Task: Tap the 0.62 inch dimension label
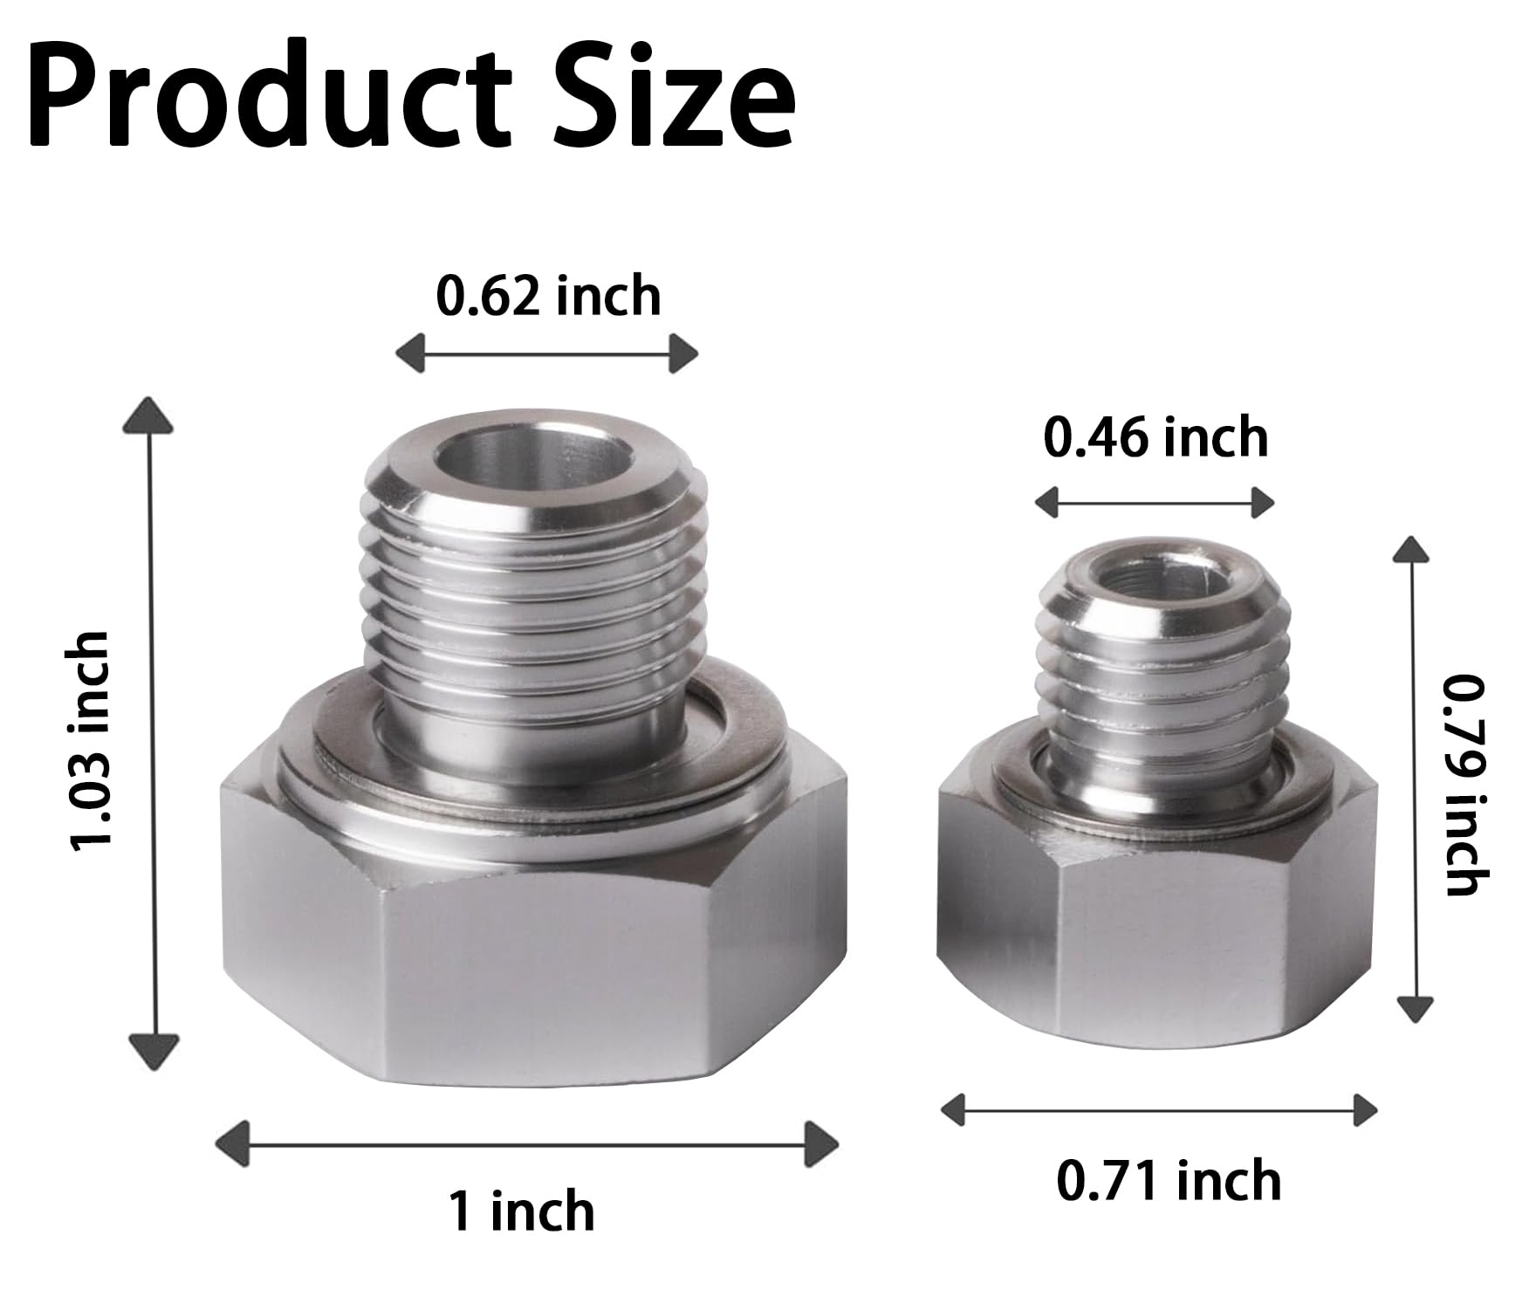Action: [548, 296]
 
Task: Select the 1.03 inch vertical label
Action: [91, 738]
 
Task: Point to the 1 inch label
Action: [521, 1211]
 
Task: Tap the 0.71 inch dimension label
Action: [1169, 1180]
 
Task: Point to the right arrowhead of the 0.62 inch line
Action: [683, 353]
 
